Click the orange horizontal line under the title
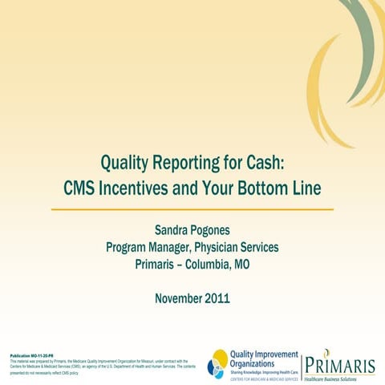[192, 209]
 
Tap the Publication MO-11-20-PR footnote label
[31, 355]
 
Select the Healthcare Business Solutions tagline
[345, 377]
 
